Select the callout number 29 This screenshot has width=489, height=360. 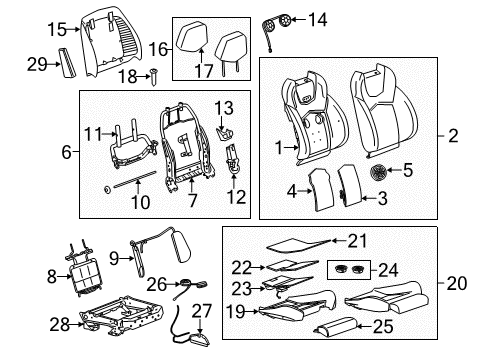pyautogui.click(x=38, y=64)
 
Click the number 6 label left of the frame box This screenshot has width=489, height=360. pyautogui.click(x=66, y=152)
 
